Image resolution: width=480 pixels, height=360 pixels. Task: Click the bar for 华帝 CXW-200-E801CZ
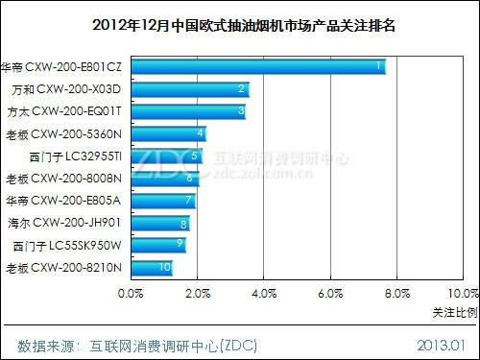[257, 66]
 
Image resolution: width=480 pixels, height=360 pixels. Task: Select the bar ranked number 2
[188, 89]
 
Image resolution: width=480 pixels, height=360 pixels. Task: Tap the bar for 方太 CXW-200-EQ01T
[187, 111]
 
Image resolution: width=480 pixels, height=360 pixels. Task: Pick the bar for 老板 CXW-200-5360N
[167, 133]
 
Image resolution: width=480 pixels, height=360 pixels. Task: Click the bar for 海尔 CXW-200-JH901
[159, 223]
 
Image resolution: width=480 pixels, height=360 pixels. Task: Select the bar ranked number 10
[151, 267]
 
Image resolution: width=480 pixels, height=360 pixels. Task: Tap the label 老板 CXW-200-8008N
[63, 179]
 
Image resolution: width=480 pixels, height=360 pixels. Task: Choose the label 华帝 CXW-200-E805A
[63, 201]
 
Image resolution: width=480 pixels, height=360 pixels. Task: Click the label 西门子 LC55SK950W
[67, 245]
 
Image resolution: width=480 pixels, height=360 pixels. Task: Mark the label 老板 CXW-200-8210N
[63, 267]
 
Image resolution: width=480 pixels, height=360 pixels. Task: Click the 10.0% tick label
[462, 292]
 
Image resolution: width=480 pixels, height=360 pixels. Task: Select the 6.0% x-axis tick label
[329, 292]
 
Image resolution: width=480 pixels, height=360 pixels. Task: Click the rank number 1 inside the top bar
[379, 66]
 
